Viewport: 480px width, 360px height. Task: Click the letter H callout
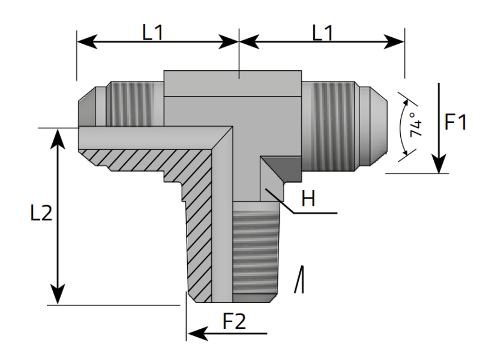308,199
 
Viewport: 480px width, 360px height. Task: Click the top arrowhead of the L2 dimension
58,137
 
